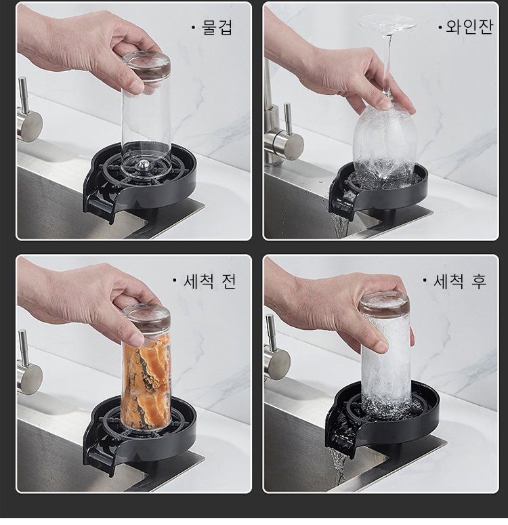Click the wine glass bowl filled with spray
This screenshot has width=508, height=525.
(x=385, y=142)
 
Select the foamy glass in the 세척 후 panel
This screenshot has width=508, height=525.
(x=386, y=359)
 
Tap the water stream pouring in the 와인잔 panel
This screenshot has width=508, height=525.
(x=341, y=225)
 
